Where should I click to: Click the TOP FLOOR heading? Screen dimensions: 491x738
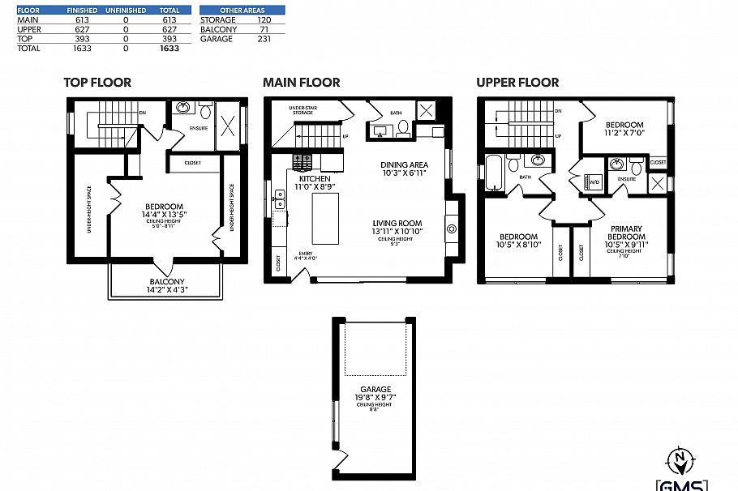coord(97,83)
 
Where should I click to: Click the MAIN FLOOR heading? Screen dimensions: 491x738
coord(301,83)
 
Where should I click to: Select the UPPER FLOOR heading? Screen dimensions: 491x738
coord(517,83)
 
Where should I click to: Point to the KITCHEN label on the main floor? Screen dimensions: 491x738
coord(313,178)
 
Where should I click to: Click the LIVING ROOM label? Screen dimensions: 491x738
coord(397,223)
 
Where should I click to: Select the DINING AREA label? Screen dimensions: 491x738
coord(404,165)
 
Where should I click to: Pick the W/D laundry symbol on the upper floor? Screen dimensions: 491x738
coord(594,182)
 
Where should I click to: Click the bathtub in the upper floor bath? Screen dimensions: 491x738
coord(492,173)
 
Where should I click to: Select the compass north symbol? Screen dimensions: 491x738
coord(679,459)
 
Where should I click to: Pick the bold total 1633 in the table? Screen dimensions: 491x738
coord(169,49)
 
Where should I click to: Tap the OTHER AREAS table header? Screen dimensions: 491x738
coord(242,11)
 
